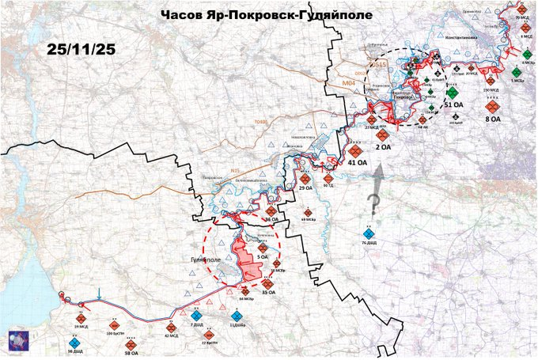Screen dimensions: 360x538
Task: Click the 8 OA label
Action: tap(492, 119)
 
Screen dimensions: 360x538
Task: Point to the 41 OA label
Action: tap(358, 162)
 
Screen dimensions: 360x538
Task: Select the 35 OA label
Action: tap(267, 294)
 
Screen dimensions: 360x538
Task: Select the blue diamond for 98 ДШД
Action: tap(75, 342)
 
